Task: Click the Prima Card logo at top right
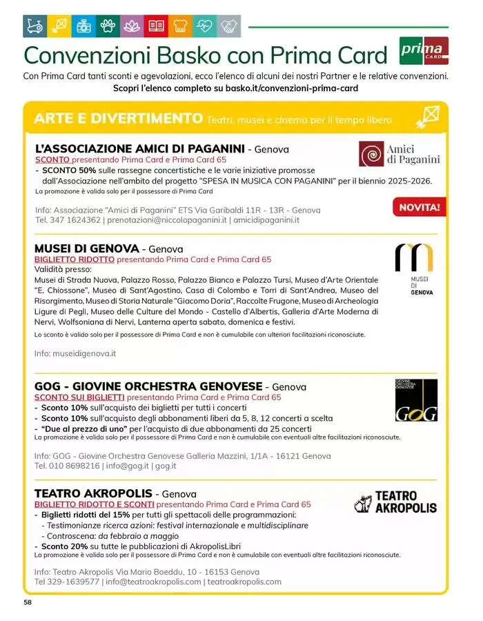click(x=424, y=51)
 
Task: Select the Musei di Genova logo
click(x=414, y=268)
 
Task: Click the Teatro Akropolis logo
click(x=395, y=502)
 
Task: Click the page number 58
click(x=28, y=602)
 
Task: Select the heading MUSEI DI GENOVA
click(x=86, y=248)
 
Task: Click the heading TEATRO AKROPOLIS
click(x=93, y=494)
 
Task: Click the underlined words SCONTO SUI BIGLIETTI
click(x=79, y=397)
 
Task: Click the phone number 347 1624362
click(x=74, y=220)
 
